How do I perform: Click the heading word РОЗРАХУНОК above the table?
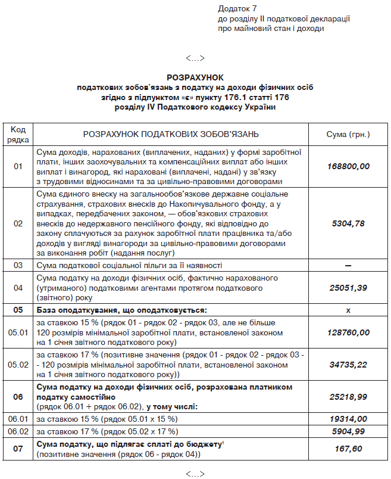tap(195, 77)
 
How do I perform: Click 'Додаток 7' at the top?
tap(237, 9)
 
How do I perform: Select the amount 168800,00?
tap(348, 166)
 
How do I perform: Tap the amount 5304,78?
tap(348, 223)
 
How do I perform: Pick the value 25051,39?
tap(348, 288)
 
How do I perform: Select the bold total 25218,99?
tap(348, 396)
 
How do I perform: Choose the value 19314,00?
tap(348, 419)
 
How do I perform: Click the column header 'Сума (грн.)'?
tap(348, 135)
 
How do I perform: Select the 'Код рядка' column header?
tap(18, 135)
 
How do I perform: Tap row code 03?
tap(18, 265)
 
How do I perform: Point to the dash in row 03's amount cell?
tap(348, 265)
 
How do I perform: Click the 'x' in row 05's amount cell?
tap(348, 310)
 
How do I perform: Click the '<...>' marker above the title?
tap(195, 58)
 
